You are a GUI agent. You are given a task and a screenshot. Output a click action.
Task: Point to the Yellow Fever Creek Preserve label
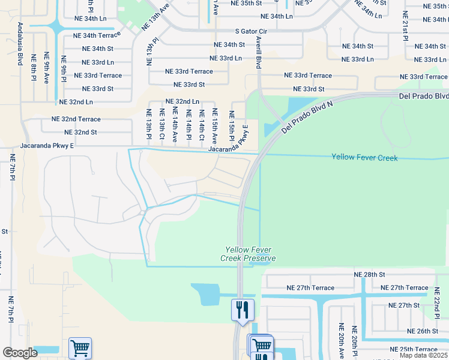tap(250, 254)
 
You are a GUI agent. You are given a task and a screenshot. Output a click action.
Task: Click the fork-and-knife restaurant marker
tap(243, 310)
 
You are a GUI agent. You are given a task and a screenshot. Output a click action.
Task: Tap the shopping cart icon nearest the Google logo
tap(80, 347)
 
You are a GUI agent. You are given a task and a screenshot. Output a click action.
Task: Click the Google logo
tap(20, 353)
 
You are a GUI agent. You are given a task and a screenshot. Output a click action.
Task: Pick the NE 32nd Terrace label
tap(76, 119)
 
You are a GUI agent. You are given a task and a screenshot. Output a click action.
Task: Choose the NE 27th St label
tap(404, 305)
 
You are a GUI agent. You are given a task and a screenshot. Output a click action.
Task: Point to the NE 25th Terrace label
tap(418, 349)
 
